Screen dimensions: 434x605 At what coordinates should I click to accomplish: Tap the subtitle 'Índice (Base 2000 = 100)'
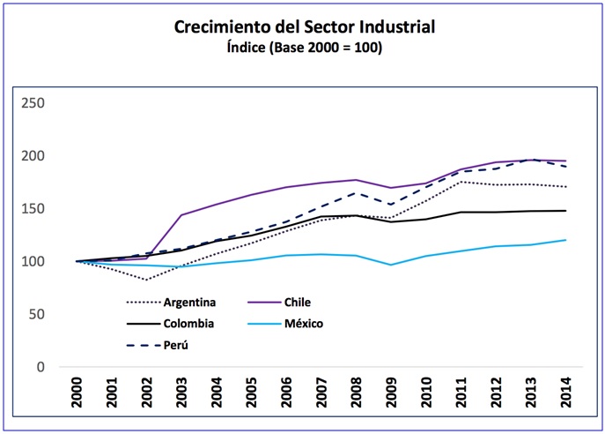pos(305,49)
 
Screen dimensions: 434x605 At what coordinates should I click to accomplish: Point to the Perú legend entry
pos(176,345)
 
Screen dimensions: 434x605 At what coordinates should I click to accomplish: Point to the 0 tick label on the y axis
pos(41,367)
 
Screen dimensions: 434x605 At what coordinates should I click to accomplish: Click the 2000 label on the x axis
pos(77,393)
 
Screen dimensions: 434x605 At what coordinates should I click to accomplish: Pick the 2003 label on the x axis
pos(181,393)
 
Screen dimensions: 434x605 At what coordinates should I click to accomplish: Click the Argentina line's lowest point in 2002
pos(146,280)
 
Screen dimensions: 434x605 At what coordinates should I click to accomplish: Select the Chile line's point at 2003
pos(181,215)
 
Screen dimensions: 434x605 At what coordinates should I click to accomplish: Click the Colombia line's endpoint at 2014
pos(565,211)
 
